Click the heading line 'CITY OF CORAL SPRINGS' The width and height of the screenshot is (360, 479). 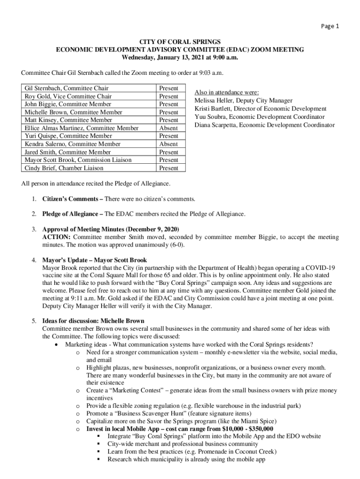tap(180, 42)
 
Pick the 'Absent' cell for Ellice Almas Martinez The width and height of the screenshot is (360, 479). tap(168, 128)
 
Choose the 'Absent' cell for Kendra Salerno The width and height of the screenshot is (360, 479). tap(168, 144)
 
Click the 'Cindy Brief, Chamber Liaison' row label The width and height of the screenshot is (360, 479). tap(64, 168)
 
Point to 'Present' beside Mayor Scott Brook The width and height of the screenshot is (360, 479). tap(168, 160)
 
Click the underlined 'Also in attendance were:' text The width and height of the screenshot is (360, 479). tap(227, 92)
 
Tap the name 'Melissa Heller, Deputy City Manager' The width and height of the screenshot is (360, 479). tap(243, 101)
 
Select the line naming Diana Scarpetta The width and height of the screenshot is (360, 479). tap(264, 125)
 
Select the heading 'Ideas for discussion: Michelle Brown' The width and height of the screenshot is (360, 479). tap(93, 321)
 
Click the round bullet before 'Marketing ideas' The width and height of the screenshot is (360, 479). tap(56, 344)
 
